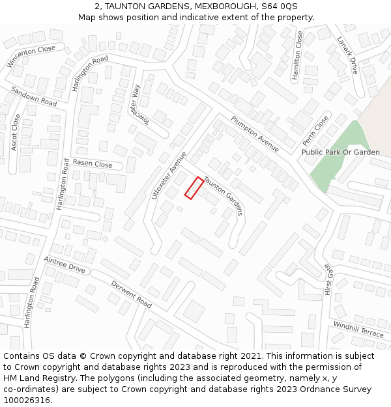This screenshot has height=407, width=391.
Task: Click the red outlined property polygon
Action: [x=194, y=188]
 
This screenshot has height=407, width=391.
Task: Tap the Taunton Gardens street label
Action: [x=224, y=195]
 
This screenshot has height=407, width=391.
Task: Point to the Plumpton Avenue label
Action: [x=255, y=134]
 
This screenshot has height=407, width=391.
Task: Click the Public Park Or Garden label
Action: [x=340, y=152]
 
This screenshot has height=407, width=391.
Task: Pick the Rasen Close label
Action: [x=93, y=163]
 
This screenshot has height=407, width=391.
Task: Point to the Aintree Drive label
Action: [x=65, y=264]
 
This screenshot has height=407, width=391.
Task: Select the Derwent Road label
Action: [x=131, y=294]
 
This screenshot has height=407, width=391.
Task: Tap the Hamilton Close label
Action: [x=297, y=56]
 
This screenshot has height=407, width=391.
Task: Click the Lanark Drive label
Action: [x=347, y=55]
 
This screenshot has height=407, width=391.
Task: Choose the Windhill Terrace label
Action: [x=358, y=329]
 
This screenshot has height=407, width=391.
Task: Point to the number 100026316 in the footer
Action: [x=27, y=400]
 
